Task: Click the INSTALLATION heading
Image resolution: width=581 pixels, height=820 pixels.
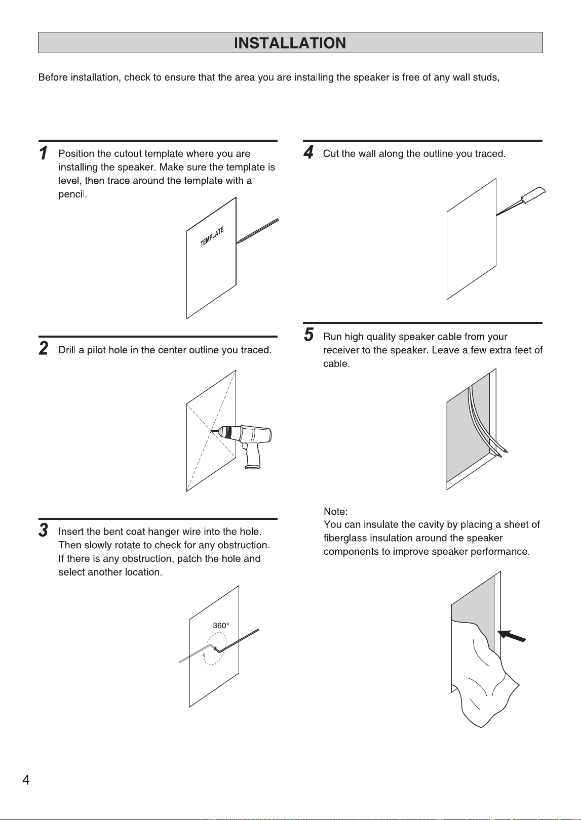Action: coord(290,43)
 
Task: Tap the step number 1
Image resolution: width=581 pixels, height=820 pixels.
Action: coord(43,153)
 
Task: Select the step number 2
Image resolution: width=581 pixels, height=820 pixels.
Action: coord(44,348)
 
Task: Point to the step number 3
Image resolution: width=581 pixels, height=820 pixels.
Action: coord(43,529)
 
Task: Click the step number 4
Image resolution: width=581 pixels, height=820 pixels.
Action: coord(308,152)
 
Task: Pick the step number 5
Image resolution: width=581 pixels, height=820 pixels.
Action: coord(309,335)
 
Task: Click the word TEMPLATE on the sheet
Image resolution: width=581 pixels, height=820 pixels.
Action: coord(212,236)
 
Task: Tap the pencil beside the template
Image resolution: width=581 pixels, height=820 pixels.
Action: coord(257,231)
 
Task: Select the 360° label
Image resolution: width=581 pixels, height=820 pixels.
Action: coord(221,626)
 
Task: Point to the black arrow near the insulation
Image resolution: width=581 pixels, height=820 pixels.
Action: coord(512,636)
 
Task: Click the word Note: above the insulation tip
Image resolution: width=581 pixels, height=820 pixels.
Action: coord(335,511)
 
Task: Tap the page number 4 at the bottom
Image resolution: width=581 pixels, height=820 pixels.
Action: coord(26,780)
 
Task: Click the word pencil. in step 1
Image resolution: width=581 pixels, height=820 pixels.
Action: coord(73,194)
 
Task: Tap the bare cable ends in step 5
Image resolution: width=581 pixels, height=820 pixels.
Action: coord(502,453)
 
